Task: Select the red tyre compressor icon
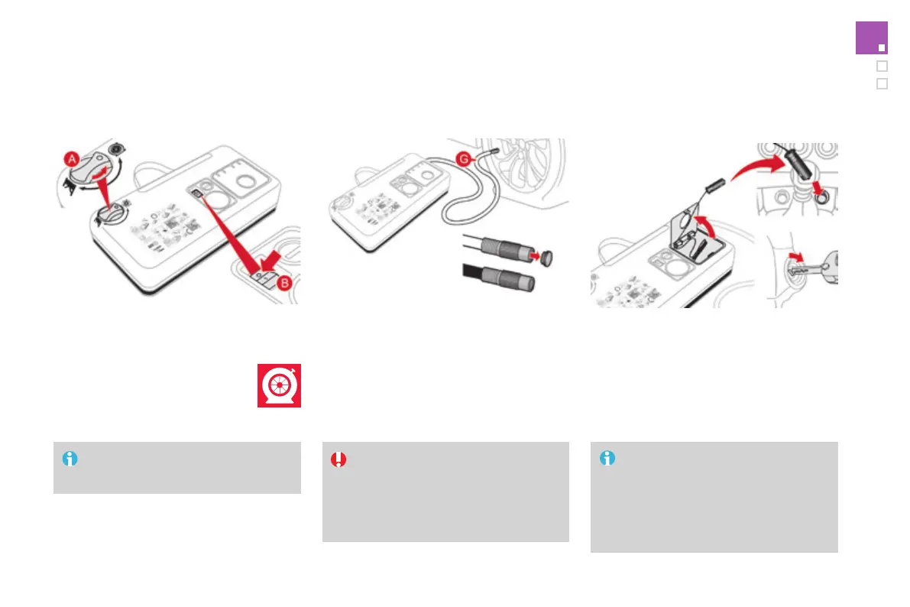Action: point(279,385)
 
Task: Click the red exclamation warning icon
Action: point(338,459)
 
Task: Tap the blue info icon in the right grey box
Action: point(607,459)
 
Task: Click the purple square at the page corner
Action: point(871,38)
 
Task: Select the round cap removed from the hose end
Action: point(546,258)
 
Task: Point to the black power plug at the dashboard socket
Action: point(800,159)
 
